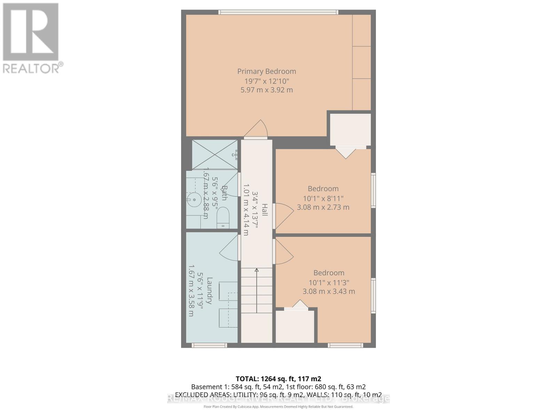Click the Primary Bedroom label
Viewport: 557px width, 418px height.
(267, 71)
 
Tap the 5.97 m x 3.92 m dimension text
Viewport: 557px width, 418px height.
(267, 90)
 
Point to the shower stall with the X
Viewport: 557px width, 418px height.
(214, 155)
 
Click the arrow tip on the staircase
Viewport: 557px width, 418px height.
(257, 270)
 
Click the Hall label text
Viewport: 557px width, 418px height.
(265, 210)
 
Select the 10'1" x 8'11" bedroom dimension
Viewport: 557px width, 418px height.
(323, 198)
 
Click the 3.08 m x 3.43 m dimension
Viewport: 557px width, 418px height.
(329, 291)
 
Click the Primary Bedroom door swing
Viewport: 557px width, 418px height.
(256, 129)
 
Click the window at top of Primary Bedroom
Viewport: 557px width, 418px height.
(278, 12)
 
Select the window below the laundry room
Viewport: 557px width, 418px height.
(209, 345)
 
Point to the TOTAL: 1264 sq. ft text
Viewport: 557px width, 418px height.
(278, 379)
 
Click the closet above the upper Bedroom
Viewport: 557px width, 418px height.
(350, 130)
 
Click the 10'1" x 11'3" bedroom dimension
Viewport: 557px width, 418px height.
(329, 282)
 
